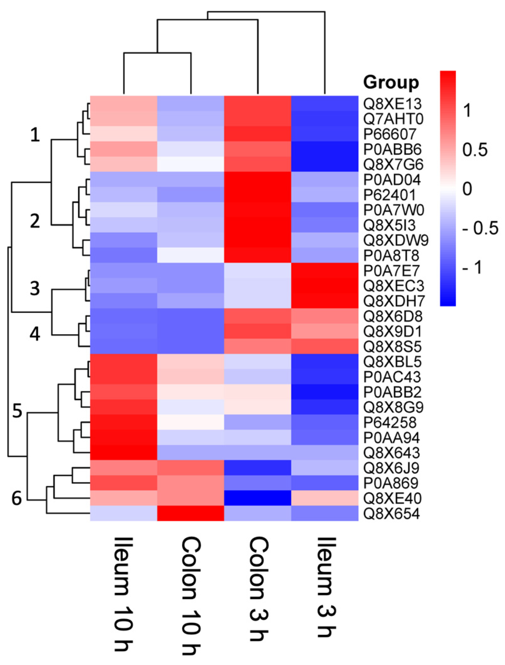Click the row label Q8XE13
tap(392, 104)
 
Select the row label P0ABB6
tap(392, 149)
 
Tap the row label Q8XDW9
tap(396, 240)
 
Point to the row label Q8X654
tap(391, 513)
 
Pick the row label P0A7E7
tap(391, 271)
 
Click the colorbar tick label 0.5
tap(475, 150)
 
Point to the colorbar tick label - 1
tap(472, 267)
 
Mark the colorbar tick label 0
tap(467, 189)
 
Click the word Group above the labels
tap(391, 82)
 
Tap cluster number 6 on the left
tap(17, 498)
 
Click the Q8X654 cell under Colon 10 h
tap(191, 513)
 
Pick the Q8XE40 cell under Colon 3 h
tap(258, 498)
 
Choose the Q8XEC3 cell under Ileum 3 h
tap(325, 286)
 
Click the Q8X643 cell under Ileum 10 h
tap(124, 452)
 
